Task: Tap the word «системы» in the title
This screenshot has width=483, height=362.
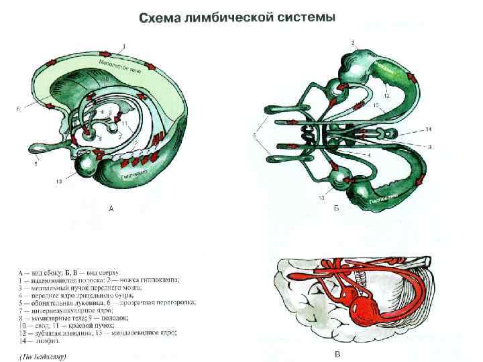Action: point(303,16)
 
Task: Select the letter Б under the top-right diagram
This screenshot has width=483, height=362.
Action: point(336,208)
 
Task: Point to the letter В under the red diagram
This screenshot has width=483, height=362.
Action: point(337,355)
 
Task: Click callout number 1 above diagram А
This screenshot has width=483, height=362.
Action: point(123,46)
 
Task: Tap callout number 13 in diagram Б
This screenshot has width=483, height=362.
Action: point(323,198)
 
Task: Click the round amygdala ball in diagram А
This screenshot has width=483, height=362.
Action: point(87,166)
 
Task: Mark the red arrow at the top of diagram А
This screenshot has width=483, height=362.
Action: point(104,52)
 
